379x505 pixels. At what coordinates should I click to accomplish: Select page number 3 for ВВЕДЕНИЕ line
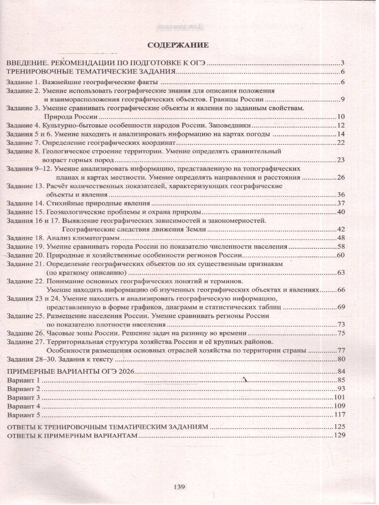click(x=343, y=63)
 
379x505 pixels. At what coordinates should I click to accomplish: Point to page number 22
click(x=341, y=144)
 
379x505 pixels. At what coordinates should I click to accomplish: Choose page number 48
click(x=341, y=238)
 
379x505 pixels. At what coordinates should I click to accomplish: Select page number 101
click(x=339, y=397)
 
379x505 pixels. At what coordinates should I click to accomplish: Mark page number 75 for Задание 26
click(x=341, y=333)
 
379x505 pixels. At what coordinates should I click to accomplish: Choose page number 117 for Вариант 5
click(x=339, y=415)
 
